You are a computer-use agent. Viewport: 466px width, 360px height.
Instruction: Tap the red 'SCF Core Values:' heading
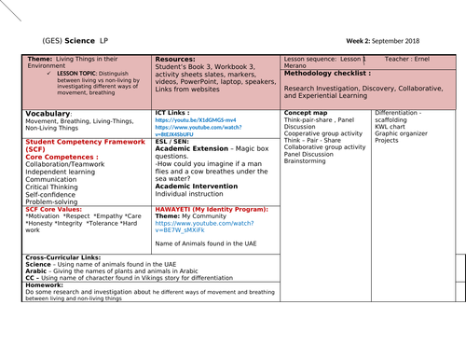[x=57, y=208]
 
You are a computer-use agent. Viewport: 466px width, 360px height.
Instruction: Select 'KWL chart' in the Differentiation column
[x=392, y=126]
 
